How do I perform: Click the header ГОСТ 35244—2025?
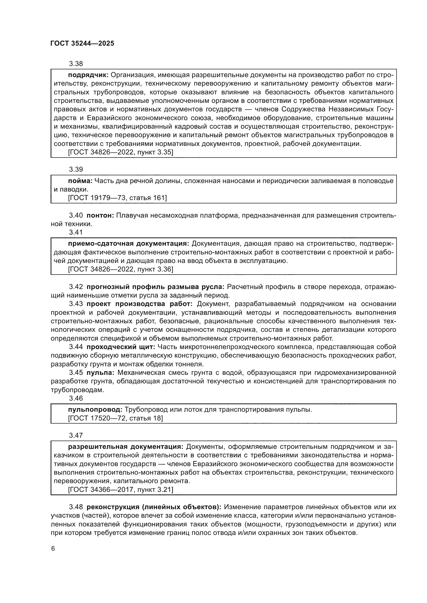82,44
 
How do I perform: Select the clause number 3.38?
76,64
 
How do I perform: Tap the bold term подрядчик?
88,75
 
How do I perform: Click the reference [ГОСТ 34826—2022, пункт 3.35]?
120,152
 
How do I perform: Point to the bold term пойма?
80,181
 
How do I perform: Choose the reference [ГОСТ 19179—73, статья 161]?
117,198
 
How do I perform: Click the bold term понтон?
100,215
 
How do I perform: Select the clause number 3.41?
76,232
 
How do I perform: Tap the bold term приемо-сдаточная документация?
129,244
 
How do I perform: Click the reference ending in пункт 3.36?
120,269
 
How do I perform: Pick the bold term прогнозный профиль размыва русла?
155,287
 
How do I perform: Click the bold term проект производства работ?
140,304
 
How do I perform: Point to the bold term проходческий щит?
121,347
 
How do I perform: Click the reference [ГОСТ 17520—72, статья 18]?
115,418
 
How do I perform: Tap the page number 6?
53,549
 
